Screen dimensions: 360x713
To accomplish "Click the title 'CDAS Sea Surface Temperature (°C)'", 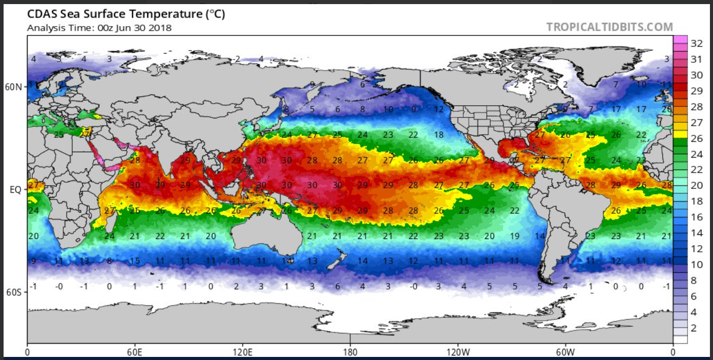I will click(x=126, y=15).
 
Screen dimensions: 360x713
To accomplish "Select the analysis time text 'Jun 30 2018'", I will click(x=147, y=28).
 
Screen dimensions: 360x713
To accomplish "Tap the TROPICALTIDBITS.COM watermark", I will click(x=609, y=27).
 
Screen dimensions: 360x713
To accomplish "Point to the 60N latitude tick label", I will click(x=13, y=87).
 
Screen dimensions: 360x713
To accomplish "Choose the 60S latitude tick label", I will click(x=13, y=292).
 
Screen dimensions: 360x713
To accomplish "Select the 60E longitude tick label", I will click(x=135, y=352).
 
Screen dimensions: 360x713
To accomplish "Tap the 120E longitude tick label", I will click(x=242, y=352).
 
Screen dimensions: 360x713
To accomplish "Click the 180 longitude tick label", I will click(x=350, y=352).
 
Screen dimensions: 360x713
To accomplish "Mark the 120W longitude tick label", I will click(x=458, y=352).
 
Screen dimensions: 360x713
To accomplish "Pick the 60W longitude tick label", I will click(x=565, y=352).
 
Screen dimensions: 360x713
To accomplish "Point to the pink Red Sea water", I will click(x=97, y=153).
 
